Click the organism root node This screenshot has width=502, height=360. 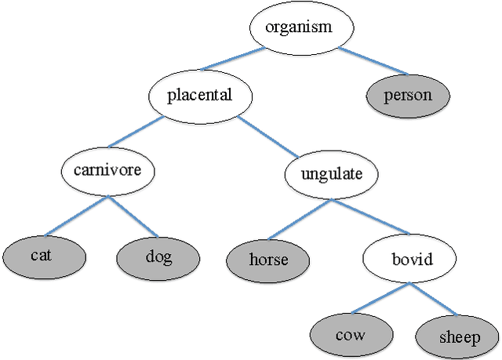(298, 27)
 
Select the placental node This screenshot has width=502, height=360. (200, 96)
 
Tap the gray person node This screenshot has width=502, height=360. (408, 96)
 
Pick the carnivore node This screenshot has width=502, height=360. (107, 169)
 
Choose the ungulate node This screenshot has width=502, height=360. (331, 173)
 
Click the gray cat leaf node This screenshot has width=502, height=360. (42, 256)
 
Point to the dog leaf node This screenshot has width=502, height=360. (158, 256)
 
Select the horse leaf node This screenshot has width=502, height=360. (268, 260)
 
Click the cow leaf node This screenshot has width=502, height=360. (350, 335)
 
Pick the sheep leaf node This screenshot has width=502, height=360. (458, 337)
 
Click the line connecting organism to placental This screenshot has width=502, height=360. (232, 60)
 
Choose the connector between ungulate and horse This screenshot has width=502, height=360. (299, 217)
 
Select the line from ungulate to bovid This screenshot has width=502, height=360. (370, 217)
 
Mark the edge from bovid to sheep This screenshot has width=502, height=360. (432, 300)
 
